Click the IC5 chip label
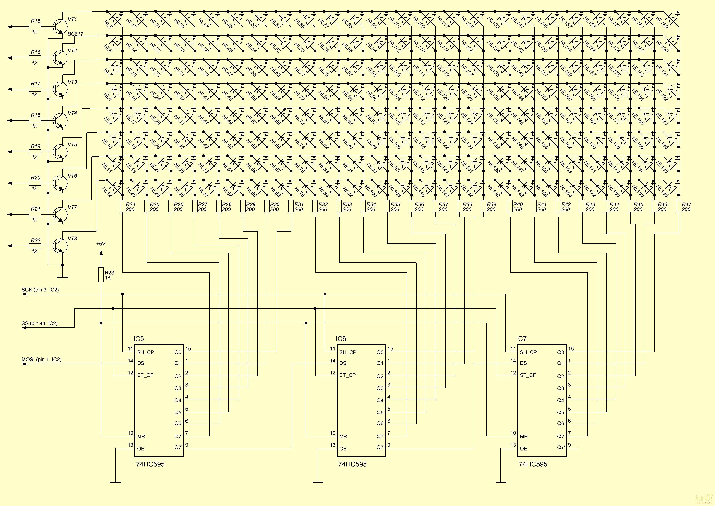pyautogui.click(x=139, y=339)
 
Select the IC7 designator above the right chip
pyautogui.click(x=522, y=339)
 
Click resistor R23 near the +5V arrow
pyautogui.click(x=101, y=275)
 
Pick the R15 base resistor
pyautogui.click(x=35, y=27)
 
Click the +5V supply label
pyautogui.click(x=101, y=244)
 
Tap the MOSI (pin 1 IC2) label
pyautogui.click(x=41, y=360)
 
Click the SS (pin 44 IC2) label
pyautogui.click(x=40, y=323)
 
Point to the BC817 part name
pyautogui.click(x=75, y=34)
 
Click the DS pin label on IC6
pyautogui.click(x=343, y=363)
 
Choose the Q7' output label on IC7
pyautogui.click(x=561, y=447)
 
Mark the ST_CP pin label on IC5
pyautogui.click(x=146, y=375)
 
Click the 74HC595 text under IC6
pyautogui.click(x=353, y=464)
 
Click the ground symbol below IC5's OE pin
pyautogui.click(x=116, y=482)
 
